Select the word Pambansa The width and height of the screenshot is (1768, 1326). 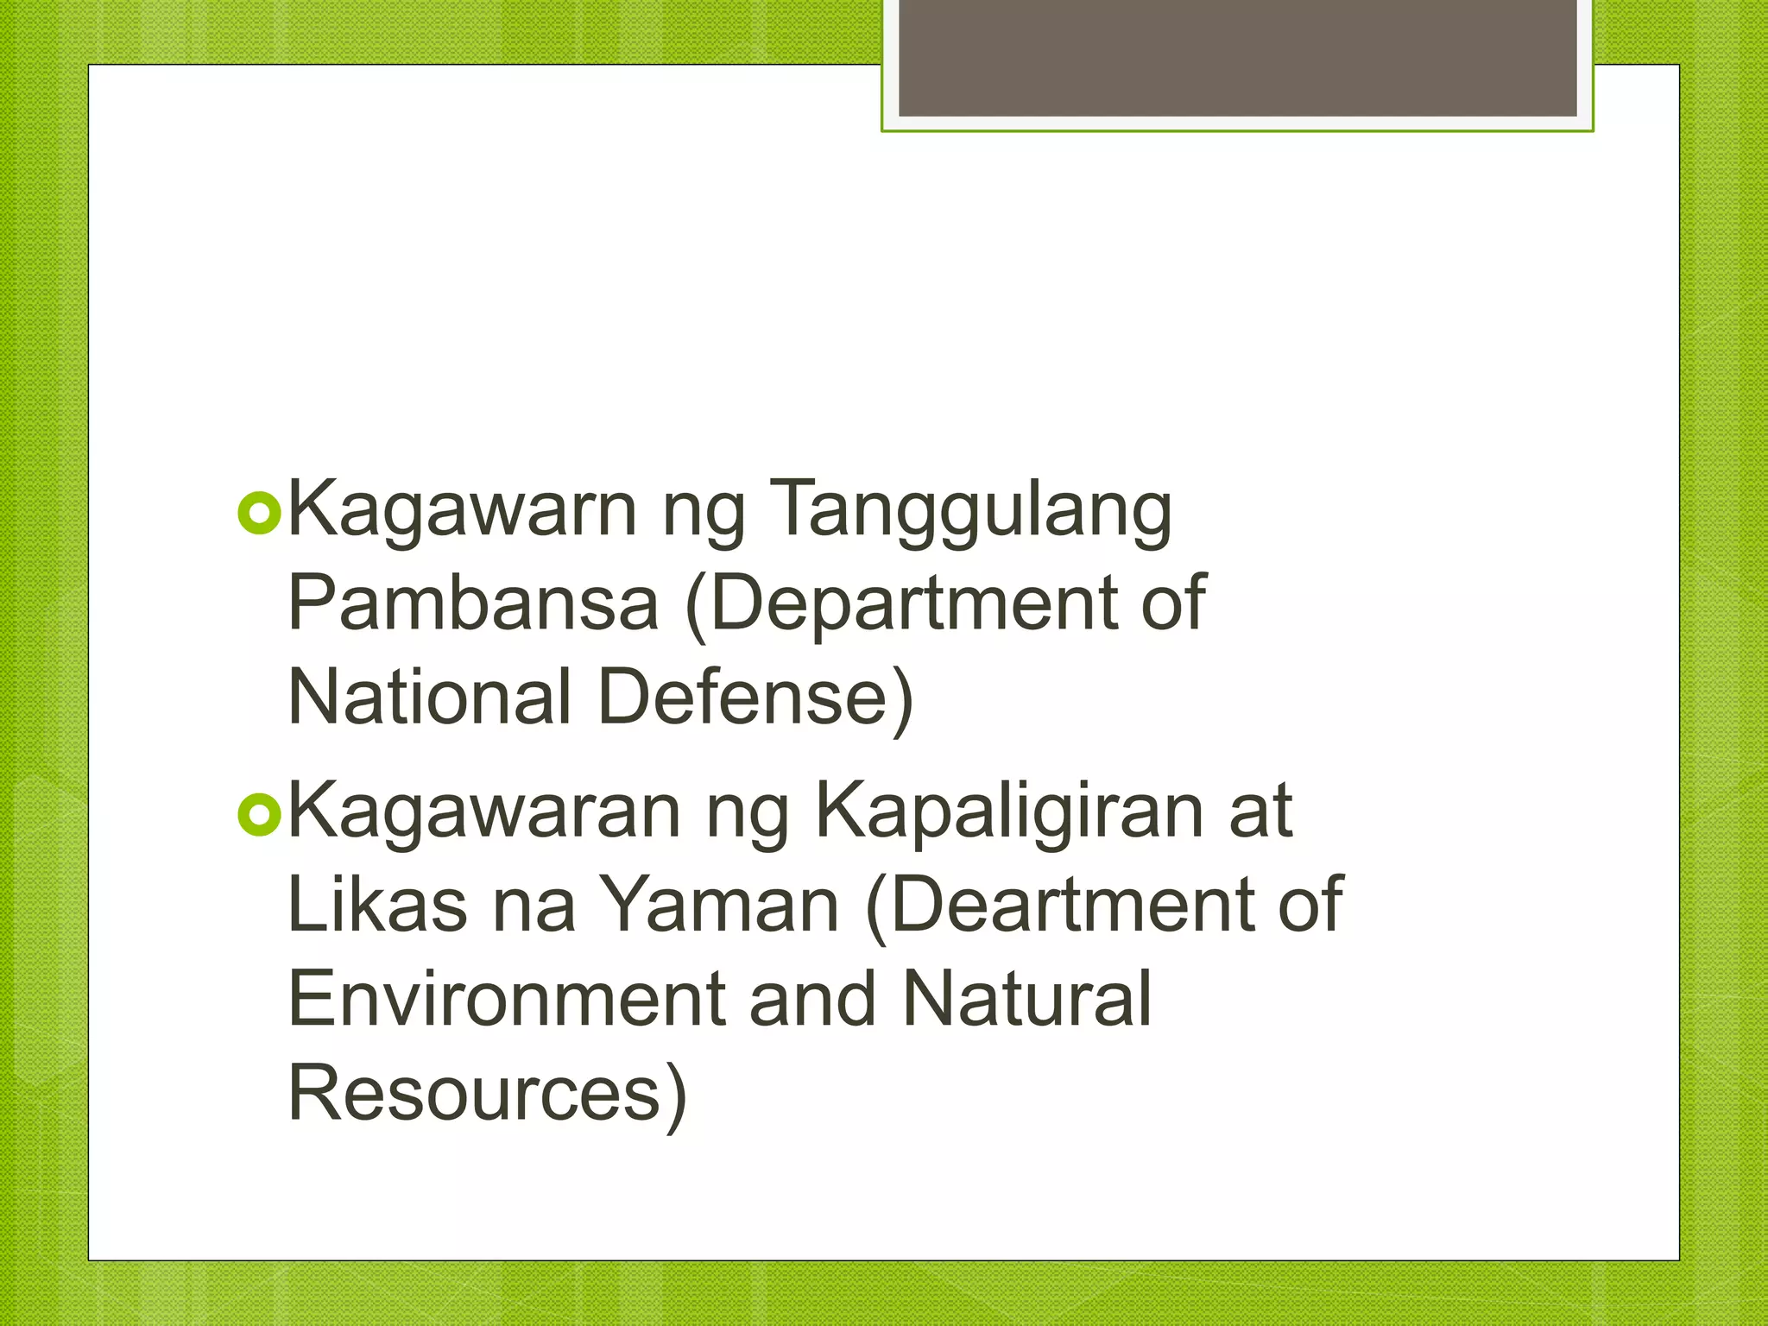[473, 603]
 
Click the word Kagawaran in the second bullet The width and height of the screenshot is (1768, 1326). [484, 812]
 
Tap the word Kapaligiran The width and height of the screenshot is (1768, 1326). [1009, 812]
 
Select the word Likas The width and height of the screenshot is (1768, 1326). [377, 905]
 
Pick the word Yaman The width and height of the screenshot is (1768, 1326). [720, 905]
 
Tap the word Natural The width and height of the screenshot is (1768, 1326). [1027, 999]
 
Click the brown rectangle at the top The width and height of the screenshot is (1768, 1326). [1237, 58]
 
